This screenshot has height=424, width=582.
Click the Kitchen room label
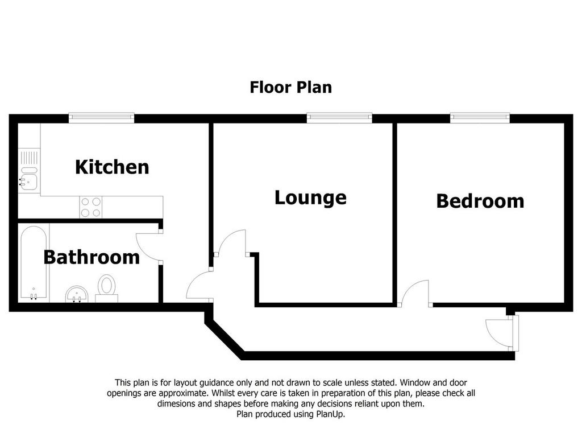coord(112,167)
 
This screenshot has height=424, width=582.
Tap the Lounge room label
coord(310,197)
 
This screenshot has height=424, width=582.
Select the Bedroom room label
coord(480,201)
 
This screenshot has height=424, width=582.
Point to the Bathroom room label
coord(92,257)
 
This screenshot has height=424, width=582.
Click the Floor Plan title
coord(290,87)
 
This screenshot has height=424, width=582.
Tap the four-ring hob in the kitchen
coord(91,207)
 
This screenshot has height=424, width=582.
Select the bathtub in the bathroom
coord(34,263)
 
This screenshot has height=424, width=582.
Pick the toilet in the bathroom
coord(107,289)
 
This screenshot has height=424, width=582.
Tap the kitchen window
coord(101,118)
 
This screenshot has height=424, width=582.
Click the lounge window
coord(339,118)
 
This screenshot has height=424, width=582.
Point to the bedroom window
coord(480,118)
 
